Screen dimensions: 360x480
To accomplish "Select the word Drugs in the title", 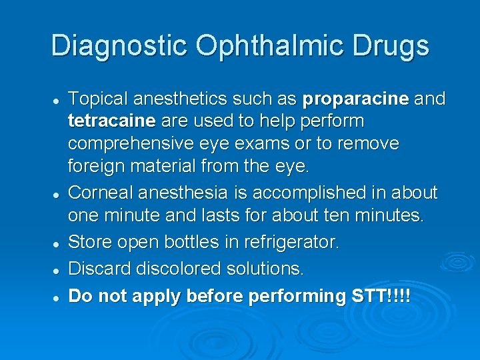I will (391, 46).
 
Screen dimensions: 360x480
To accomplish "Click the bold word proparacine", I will (355, 99).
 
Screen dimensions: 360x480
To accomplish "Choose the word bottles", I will (191, 241).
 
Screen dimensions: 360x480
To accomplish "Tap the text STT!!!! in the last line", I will (381, 295).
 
